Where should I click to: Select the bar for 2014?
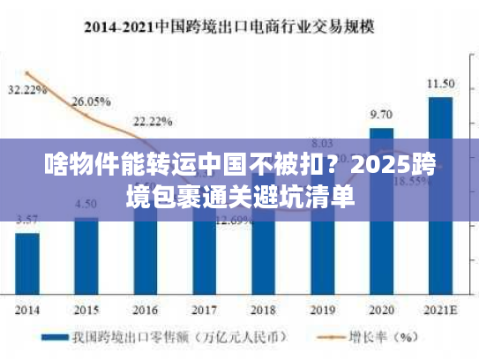click(27, 264)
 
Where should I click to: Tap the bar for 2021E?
click(440, 194)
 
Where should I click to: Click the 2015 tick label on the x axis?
click(86, 310)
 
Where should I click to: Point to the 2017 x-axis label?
click(204, 310)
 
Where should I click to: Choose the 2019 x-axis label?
click(322, 310)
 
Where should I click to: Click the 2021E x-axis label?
click(440, 310)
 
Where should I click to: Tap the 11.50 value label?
click(440, 84)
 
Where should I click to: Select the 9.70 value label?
click(381, 115)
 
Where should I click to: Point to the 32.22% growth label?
click(26, 90)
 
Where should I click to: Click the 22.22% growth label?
click(153, 121)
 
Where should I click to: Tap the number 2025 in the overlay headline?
click(388, 164)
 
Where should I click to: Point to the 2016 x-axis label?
click(145, 310)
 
